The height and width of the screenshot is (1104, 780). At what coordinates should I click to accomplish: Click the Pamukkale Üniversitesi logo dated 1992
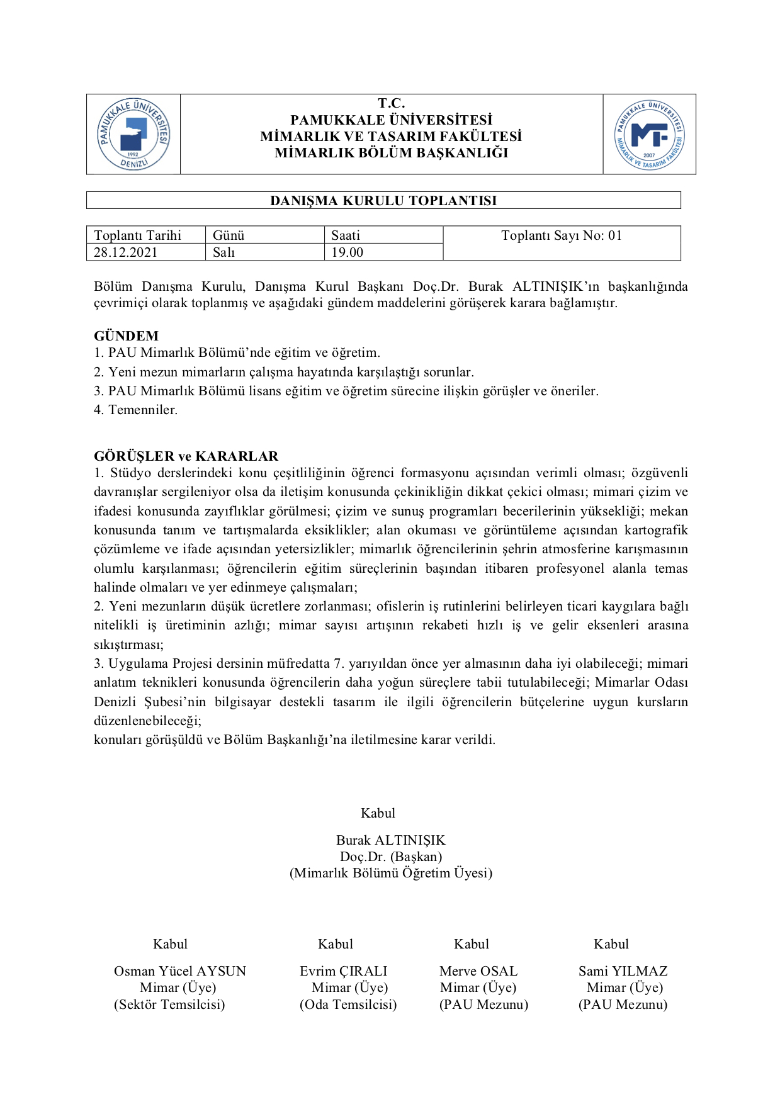tap(133, 134)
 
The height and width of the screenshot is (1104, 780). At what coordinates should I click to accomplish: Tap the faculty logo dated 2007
tap(649, 135)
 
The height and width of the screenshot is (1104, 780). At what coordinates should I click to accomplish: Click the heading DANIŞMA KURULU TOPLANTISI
tap(383, 201)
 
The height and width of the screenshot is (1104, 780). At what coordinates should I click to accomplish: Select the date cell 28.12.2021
tap(126, 252)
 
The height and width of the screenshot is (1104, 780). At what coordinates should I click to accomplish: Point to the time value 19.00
tap(348, 252)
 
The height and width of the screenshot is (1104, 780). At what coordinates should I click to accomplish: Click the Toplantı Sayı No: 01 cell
tap(562, 236)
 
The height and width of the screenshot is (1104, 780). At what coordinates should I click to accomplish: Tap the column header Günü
tap(229, 235)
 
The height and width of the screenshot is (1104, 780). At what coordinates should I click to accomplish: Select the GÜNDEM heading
tap(127, 336)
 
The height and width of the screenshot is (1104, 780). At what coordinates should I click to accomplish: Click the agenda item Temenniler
tap(143, 410)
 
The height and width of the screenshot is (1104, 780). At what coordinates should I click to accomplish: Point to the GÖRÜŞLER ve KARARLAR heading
tap(186, 456)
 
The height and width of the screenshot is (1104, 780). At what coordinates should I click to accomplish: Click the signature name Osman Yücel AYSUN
tap(180, 971)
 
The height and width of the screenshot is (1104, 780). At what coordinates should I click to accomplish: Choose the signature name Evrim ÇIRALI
tap(344, 971)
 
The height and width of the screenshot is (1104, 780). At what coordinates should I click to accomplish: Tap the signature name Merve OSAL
tap(478, 971)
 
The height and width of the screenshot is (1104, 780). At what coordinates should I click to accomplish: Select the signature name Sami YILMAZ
tap(623, 971)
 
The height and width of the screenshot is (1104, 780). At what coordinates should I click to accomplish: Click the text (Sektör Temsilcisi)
tap(169, 1005)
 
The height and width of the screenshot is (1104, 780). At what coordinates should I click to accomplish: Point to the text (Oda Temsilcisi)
tap(348, 1005)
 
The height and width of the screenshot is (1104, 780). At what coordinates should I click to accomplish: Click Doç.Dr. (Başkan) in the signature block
tap(391, 857)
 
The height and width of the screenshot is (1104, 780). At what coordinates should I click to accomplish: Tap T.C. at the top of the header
tap(392, 103)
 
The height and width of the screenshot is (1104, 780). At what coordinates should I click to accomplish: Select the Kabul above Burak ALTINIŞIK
tap(378, 813)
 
